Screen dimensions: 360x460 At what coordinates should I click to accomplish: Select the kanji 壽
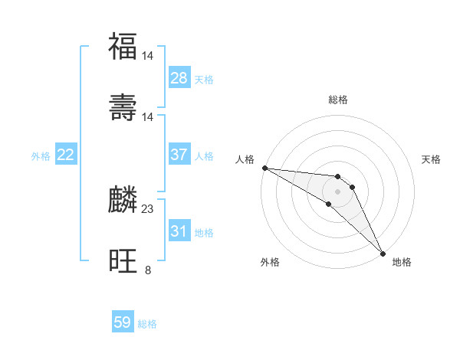pyautogui.click(x=123, y=108)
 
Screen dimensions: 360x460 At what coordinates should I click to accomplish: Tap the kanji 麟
pyautogui.click(x=123, y=200)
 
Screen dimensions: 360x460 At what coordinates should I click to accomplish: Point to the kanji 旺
pyautogui.click(x=123, y=261)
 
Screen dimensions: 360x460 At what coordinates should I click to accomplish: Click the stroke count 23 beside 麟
pyautogui.click(x=148, y=208)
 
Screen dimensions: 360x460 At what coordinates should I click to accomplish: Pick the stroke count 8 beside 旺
pyautogui.click(x=147, y=270)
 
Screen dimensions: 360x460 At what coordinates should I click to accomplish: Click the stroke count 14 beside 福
pyautogui.click(x=148, y=55)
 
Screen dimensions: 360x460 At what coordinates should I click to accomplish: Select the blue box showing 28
pyautogui.click(x=179, y=78)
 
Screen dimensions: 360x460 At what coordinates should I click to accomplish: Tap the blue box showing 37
pyautogui.click(x=179, y=155)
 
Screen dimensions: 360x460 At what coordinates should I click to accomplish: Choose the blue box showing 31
pyautogui.click(x=179, y=231)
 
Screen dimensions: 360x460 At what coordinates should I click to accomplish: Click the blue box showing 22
pyautogui.click(x=66, y=155)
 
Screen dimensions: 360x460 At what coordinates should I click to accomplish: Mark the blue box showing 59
pyautogui.click(x=123, y=322)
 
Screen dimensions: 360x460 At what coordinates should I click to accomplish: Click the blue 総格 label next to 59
pyautogui.click(x=147, y=324)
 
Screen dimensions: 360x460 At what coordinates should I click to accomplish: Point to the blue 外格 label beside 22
pyautogui.click(x=41, y=156)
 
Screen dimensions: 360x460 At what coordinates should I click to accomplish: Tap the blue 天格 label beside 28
pyautogui.click(x=204, y=80)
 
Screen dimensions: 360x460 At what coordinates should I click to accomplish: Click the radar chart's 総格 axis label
pyautogui.click(x=338, y=100)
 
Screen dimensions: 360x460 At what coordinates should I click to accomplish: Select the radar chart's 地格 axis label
pyautogui.click(x=402, y=262)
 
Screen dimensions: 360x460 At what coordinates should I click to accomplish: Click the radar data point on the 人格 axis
pyautogui.click(x=264, y=168)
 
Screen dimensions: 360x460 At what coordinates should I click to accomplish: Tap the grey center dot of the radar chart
pyautogui.click(x=337, y=191)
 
